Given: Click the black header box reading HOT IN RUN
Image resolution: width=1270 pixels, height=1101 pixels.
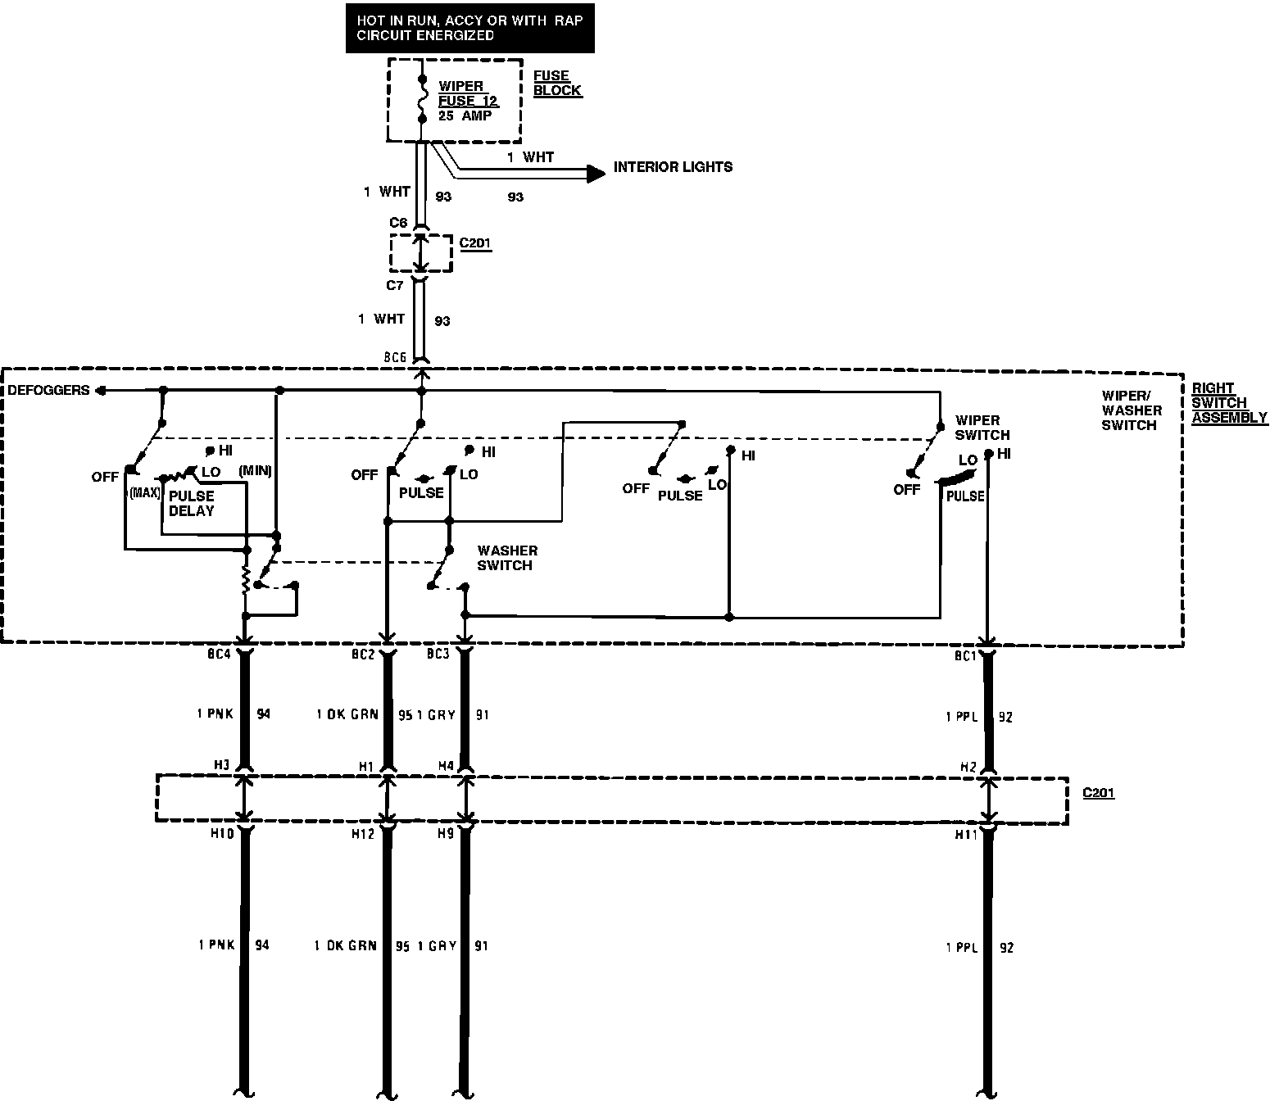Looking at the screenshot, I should click(469, 28).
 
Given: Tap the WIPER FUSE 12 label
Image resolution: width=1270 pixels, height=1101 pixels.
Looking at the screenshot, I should click(467, 93).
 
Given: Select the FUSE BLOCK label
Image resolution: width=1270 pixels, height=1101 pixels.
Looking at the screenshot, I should click(557, 83).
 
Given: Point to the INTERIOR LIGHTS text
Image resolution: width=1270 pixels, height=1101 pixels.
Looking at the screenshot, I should click(673, 167).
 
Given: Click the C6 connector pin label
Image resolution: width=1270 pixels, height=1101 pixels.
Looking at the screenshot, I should click(398, 223).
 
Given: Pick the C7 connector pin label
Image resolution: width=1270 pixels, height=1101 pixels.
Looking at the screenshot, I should click(395, 286).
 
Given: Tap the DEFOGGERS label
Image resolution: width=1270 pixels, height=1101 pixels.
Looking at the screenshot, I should click(49, 390).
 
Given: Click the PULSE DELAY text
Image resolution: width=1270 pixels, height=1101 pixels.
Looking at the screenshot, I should click(191, 503).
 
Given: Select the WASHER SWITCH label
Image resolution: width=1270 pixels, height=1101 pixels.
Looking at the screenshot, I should click(507, 558).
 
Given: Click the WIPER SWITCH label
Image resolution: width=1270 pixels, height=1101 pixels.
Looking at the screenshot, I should click(982, 428).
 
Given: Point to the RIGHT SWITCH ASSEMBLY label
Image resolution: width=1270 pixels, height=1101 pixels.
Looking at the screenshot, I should click(1229, 403).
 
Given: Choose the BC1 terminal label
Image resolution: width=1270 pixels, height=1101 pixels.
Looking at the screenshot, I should click(965, 656).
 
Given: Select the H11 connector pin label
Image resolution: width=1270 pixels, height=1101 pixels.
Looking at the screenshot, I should click(966, 835).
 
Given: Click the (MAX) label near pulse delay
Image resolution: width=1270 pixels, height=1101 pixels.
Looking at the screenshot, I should click(144, 493).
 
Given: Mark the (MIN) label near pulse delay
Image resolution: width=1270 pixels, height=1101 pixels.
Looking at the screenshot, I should click(255, 471).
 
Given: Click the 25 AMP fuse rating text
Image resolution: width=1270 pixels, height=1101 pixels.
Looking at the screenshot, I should click(465, 116).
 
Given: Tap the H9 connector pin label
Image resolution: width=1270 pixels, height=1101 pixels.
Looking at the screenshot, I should click(446, 834).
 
